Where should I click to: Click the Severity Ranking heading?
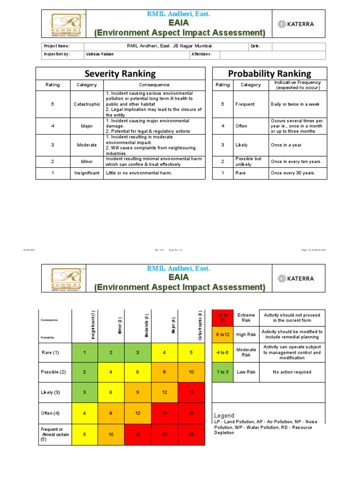(120, 74)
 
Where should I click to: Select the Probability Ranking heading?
(269, 74)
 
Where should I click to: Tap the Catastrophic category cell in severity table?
(87, 104)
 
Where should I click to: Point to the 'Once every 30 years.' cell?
(292, 173)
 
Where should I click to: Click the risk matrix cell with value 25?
(191, 434)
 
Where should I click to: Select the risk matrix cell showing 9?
(138, 392)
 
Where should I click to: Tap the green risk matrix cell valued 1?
(84, 352)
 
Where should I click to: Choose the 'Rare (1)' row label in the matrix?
(51, 352)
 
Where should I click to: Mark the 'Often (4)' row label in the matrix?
(51, 413)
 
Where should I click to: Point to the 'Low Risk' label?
(246, 372)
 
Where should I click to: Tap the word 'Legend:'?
(225, 416)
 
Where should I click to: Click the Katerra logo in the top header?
(295, 23)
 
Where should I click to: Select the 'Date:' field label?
(255, 46)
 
